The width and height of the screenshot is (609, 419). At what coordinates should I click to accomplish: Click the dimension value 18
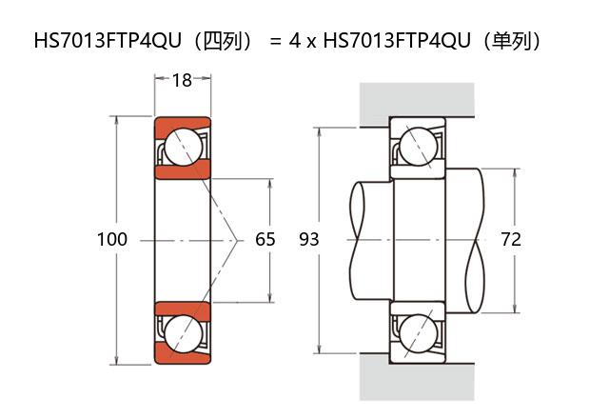click(x=182, y=80)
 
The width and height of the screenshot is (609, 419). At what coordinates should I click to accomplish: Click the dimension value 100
click(x=111, y=239)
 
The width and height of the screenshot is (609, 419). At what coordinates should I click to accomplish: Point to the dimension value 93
click(x=308, y=239)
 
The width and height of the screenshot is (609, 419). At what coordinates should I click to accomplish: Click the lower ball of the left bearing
click(x=182, y=332)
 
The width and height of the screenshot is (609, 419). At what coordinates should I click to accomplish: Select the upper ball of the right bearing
click(x=417, y=147)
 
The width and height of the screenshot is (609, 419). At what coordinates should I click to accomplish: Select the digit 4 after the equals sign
click(x=296, y=41)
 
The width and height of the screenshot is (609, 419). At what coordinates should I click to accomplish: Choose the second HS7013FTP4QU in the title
click(x=400, y=41)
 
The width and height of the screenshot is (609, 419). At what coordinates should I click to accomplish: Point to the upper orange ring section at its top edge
click(x=182, y=123)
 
